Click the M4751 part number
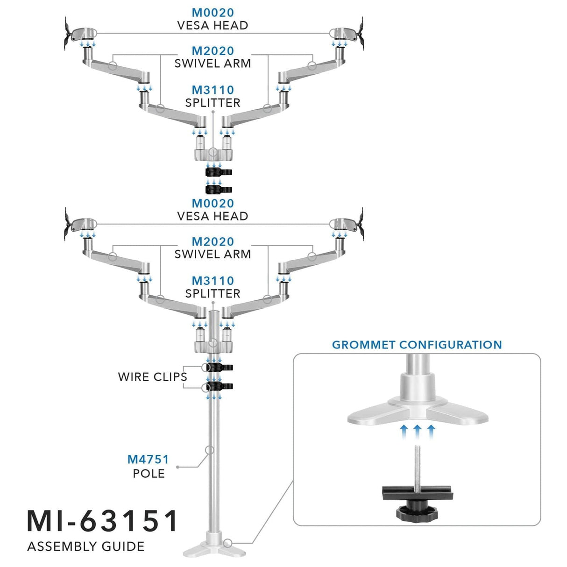pyautogui.click(x=148, y=460)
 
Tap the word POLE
pyautogui.click(x=149, y=474)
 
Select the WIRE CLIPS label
pyautogui.click(x=152, y=377)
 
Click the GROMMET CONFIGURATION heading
pyautogui.click(x=417, y=345)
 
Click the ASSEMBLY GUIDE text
pyautogui.click(x=86, y=546)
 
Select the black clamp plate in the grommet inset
pyautogui.click(x=417, y=493)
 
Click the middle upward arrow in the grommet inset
pyautogui.click(x=418, y=430)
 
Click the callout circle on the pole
pyautogui.click(x=210, y=450)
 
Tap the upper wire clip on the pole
pyautogui.click(x=219, y=368)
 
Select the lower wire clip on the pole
pyautogui.click(x=219, y=386)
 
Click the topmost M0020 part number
pyautogui.click(x=213, y=13)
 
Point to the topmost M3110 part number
pyautogui.click(x=213, y=90)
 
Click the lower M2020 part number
pyautogui.click(x=213, y=242)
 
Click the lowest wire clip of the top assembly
pyautogui.click(x=219, y=189)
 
